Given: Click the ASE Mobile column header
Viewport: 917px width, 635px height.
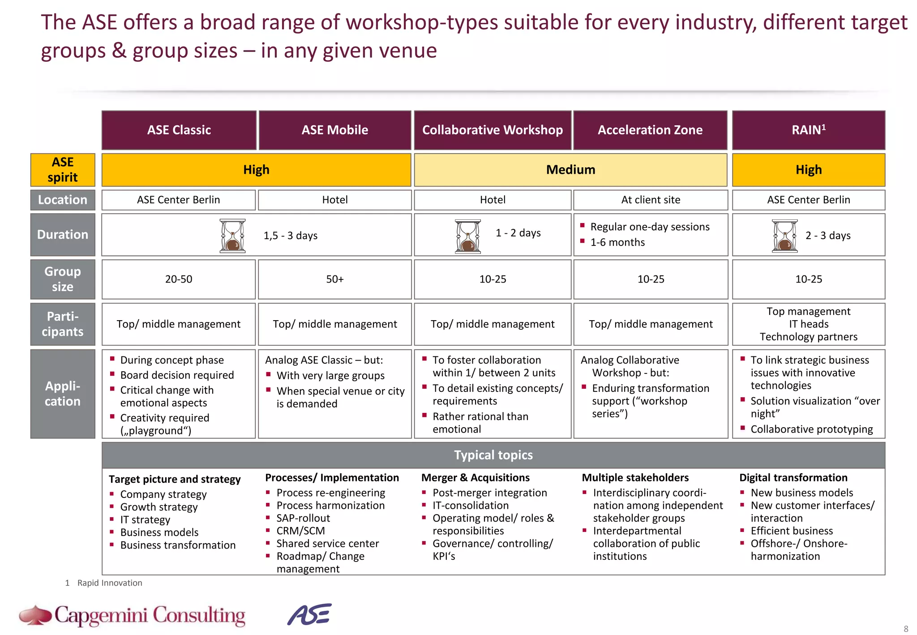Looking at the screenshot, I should click(x=334, y=130).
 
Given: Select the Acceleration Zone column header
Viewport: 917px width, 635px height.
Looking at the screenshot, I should click(x=650, y=130).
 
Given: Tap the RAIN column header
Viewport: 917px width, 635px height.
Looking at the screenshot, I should click(x=808, y=130).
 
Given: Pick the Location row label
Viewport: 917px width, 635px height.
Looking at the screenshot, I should click(x=63, y=200).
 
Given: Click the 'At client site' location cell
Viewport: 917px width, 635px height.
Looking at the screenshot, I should click(x=650, y=200).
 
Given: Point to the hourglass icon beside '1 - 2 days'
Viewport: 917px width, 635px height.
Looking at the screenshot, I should click(x=467, y=236).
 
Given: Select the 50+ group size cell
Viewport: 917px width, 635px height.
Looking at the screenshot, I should click(x=334, y=279).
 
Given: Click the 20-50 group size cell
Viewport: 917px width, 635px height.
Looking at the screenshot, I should click(x=178, y=279).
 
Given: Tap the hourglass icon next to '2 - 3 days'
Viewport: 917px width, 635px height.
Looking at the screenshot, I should click(x=784, y=236).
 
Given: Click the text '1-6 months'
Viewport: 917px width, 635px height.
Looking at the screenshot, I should click(x=617, y=242).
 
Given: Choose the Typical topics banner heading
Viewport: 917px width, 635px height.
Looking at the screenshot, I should click(x=493, y=455).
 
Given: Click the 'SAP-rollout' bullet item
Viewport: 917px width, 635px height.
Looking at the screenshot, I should click(x=303, y=518).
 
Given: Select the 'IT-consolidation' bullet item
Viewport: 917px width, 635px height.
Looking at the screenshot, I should click(x=470, y=506).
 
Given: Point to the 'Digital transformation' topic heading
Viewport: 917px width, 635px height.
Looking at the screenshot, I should click(x=793, y=478).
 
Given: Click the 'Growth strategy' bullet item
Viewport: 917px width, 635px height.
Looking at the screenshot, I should click(x=159, y=507).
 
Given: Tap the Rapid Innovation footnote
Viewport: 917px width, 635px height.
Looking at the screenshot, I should click(x=109, y=583).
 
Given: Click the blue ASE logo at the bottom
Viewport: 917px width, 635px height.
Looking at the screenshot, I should click(x=309, y=614).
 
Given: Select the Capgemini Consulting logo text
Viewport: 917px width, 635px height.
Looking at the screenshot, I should click(x=150, y=615).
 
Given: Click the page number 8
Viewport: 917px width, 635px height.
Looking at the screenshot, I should click(x=906, y=629).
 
